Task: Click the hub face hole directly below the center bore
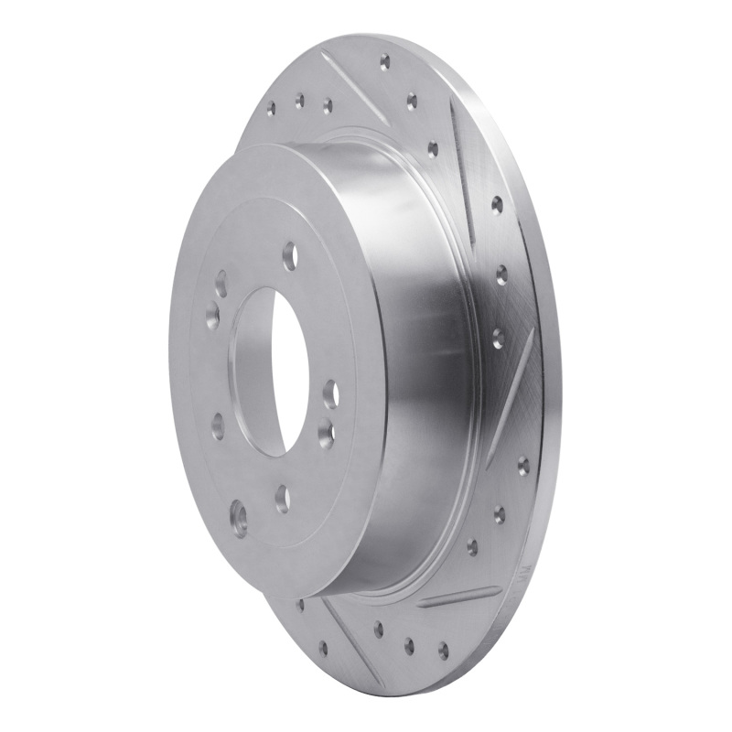pyautogui.click(x=282, y=497)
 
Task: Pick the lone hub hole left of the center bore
pyautogui.click(x=217, y=424)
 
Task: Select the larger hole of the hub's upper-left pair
pyautogui.click(x=211, y=316)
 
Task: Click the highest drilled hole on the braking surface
pyautogui.click(x=384, y=63)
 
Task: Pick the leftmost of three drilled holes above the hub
pyautogui.click(x=271, y=109)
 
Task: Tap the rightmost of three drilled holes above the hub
pyautogui.click(x=327, y=106)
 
